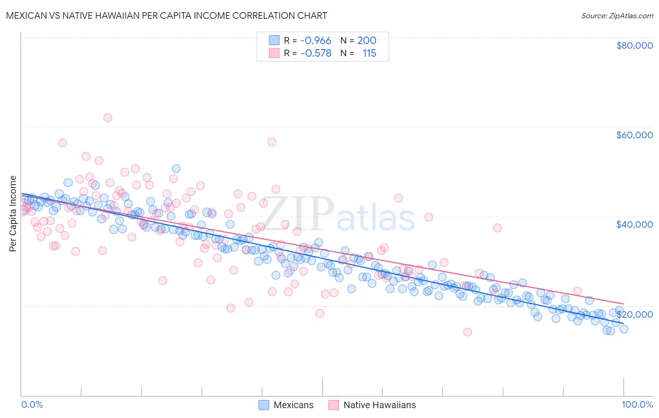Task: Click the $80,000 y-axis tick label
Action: click(634, 45)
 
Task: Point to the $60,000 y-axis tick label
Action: click(634, 135)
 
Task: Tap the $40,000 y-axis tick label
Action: click(634, 224)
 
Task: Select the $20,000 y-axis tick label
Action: click(634, 314)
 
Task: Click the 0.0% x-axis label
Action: click(32, 404)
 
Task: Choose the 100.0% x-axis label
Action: click(637, 404)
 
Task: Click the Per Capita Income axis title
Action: click(13, 213)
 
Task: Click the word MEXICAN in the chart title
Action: click(28, 15)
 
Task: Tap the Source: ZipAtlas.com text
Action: click(617, 15)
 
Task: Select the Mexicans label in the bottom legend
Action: click(293, 405)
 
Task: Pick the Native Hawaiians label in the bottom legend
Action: click(379, 405)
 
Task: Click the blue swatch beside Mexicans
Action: click(264, 405)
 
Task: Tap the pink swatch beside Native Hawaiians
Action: click(334, 405)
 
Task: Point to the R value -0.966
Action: click(315, 41)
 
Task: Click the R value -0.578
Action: click(315, 53)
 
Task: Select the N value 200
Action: click(367, 41)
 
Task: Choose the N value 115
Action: click(369, 53)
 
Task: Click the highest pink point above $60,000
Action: click(108, 118)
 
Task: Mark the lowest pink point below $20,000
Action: click(467, 332)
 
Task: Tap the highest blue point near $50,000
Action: click(176, 169)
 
